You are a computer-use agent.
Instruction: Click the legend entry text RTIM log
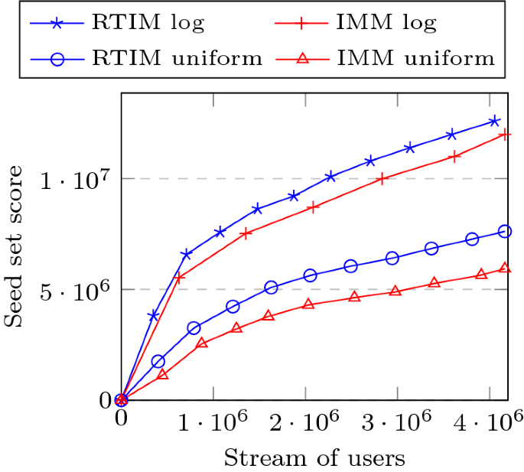point(147,22)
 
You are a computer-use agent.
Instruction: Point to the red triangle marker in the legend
point(303,58)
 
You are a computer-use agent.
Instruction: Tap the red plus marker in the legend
point(303,23)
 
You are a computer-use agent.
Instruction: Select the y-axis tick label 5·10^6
point(76,291)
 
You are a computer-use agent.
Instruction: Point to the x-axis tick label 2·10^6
point(305,422)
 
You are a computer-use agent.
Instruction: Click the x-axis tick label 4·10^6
point(490,422)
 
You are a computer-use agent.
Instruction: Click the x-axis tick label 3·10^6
point(397,422)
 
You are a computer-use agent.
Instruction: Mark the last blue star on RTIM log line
point(494,121)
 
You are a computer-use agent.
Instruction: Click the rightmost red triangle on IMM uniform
point(505,268)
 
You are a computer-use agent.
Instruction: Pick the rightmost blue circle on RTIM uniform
point(505,231)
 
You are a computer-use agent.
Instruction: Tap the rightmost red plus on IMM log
point(505,135)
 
